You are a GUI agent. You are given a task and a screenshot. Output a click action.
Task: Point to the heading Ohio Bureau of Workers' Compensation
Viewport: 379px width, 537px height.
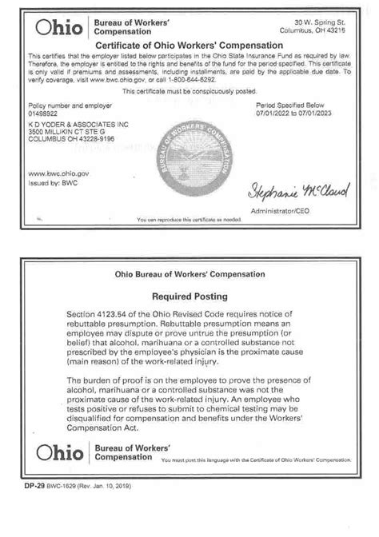tap(189, 276)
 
